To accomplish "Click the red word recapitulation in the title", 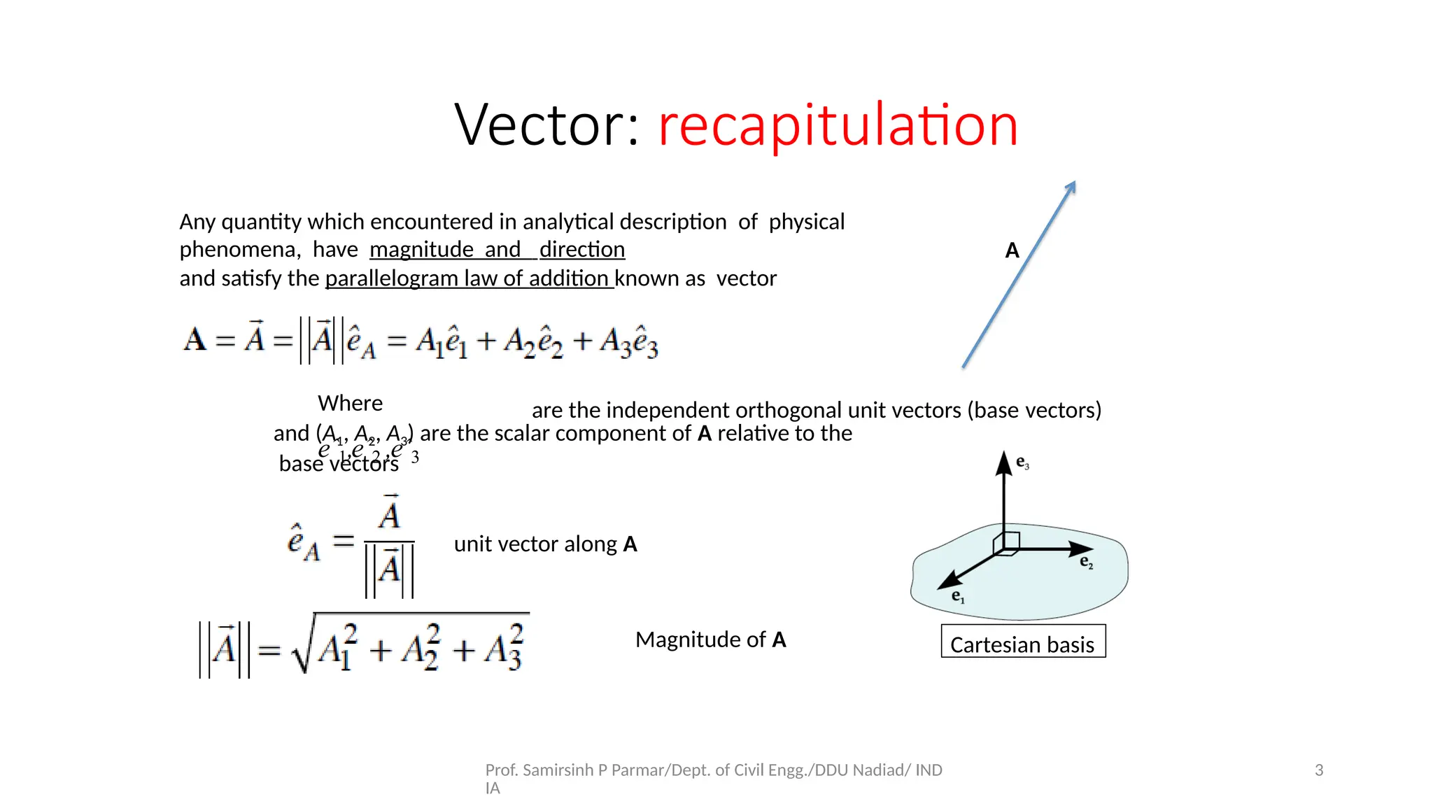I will point(838,125).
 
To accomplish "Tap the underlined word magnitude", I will point(421,250).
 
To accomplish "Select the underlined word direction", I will point(581,250).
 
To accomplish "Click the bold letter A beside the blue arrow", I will point(1012,250).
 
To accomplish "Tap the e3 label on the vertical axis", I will point(1022,462).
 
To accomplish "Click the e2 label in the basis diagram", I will point(1086,562).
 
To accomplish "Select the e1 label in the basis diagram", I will point(958,597).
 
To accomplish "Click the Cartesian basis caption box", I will point(1022,642).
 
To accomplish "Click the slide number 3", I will point(1319,770).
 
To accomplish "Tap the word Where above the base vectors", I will point(350,403).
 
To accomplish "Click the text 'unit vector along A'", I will point(545,544).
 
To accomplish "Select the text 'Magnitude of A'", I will point(710,639).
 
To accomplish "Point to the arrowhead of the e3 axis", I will point(1004,461).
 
